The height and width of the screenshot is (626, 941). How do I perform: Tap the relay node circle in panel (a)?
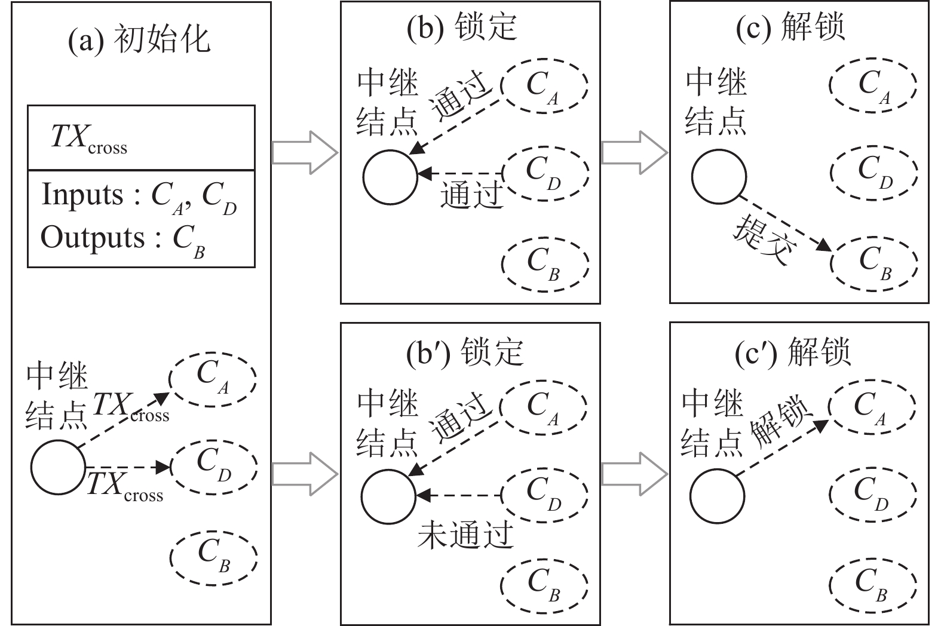(x=58, y=467)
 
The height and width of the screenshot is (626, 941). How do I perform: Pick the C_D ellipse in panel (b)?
(x=545, y=173)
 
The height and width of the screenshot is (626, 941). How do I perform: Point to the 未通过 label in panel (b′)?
(x=465, y=533)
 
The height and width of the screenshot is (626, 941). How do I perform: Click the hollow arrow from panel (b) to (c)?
(x=633, y=153)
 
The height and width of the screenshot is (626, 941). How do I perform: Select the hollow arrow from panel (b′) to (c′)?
(x=633, y=474)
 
